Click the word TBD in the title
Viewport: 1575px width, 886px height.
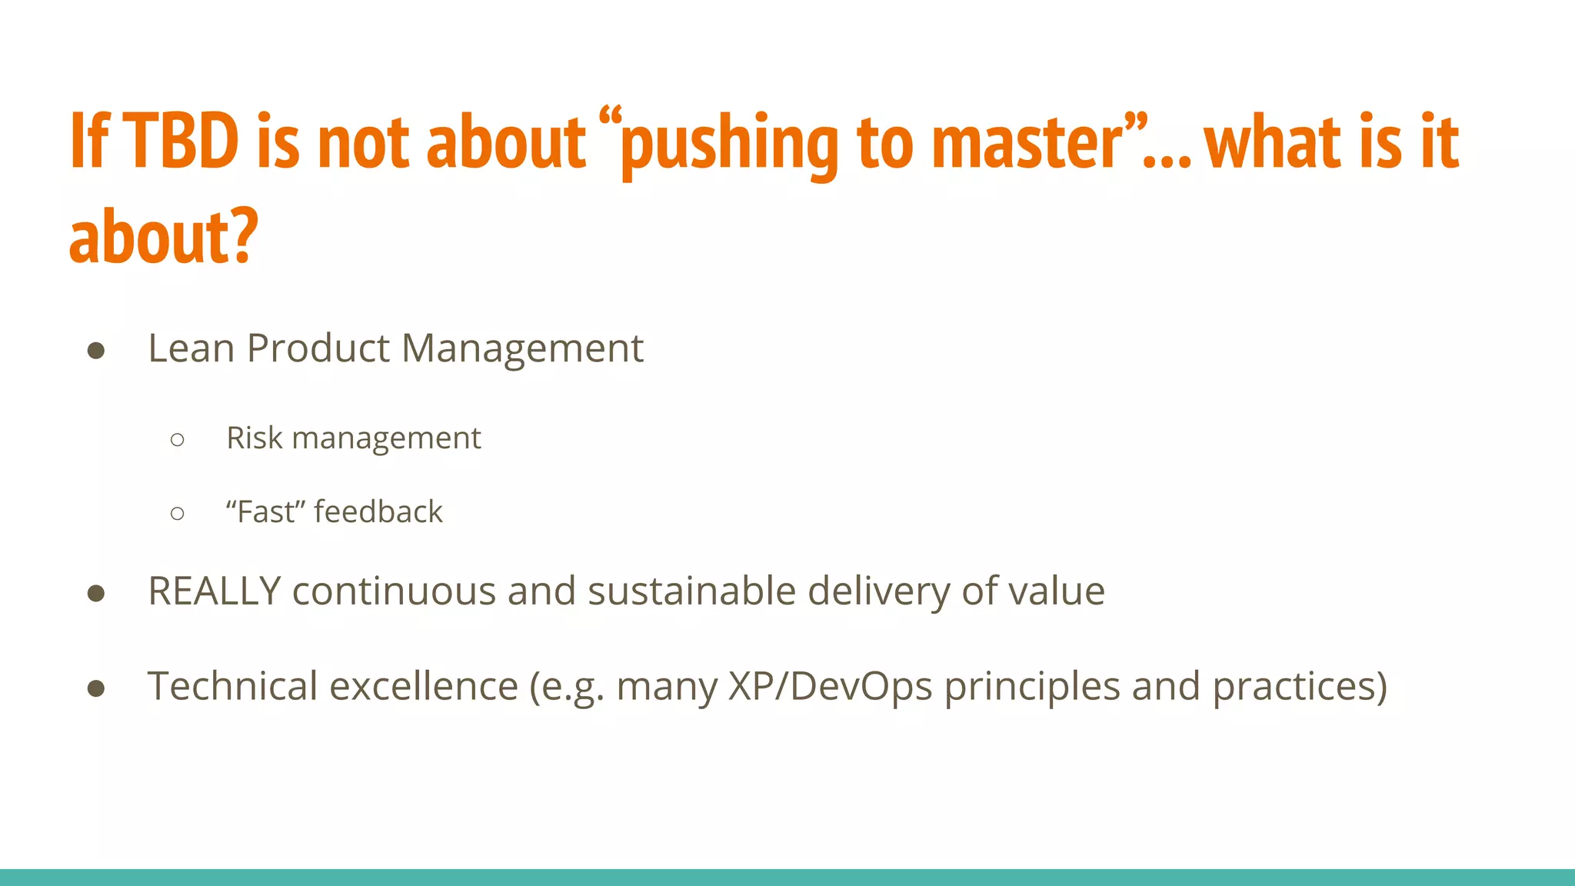[181, 142]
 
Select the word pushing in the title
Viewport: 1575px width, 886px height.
[728, 145]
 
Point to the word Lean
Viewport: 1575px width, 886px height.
[191, 348]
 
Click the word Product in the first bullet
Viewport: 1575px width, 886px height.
[318, 348]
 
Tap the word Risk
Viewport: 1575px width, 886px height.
[255, 438]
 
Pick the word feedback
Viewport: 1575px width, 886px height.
[378, 512]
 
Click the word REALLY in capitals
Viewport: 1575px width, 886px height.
[215, 591]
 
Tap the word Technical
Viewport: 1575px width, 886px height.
[232, 686]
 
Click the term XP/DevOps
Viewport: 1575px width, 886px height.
[830, 686]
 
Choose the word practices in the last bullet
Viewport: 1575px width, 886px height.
[1299, 688]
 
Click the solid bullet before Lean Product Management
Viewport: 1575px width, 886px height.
[96, 351]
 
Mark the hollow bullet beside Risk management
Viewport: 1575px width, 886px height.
[178, 440]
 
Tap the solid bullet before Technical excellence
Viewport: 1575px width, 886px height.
[96, 688]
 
